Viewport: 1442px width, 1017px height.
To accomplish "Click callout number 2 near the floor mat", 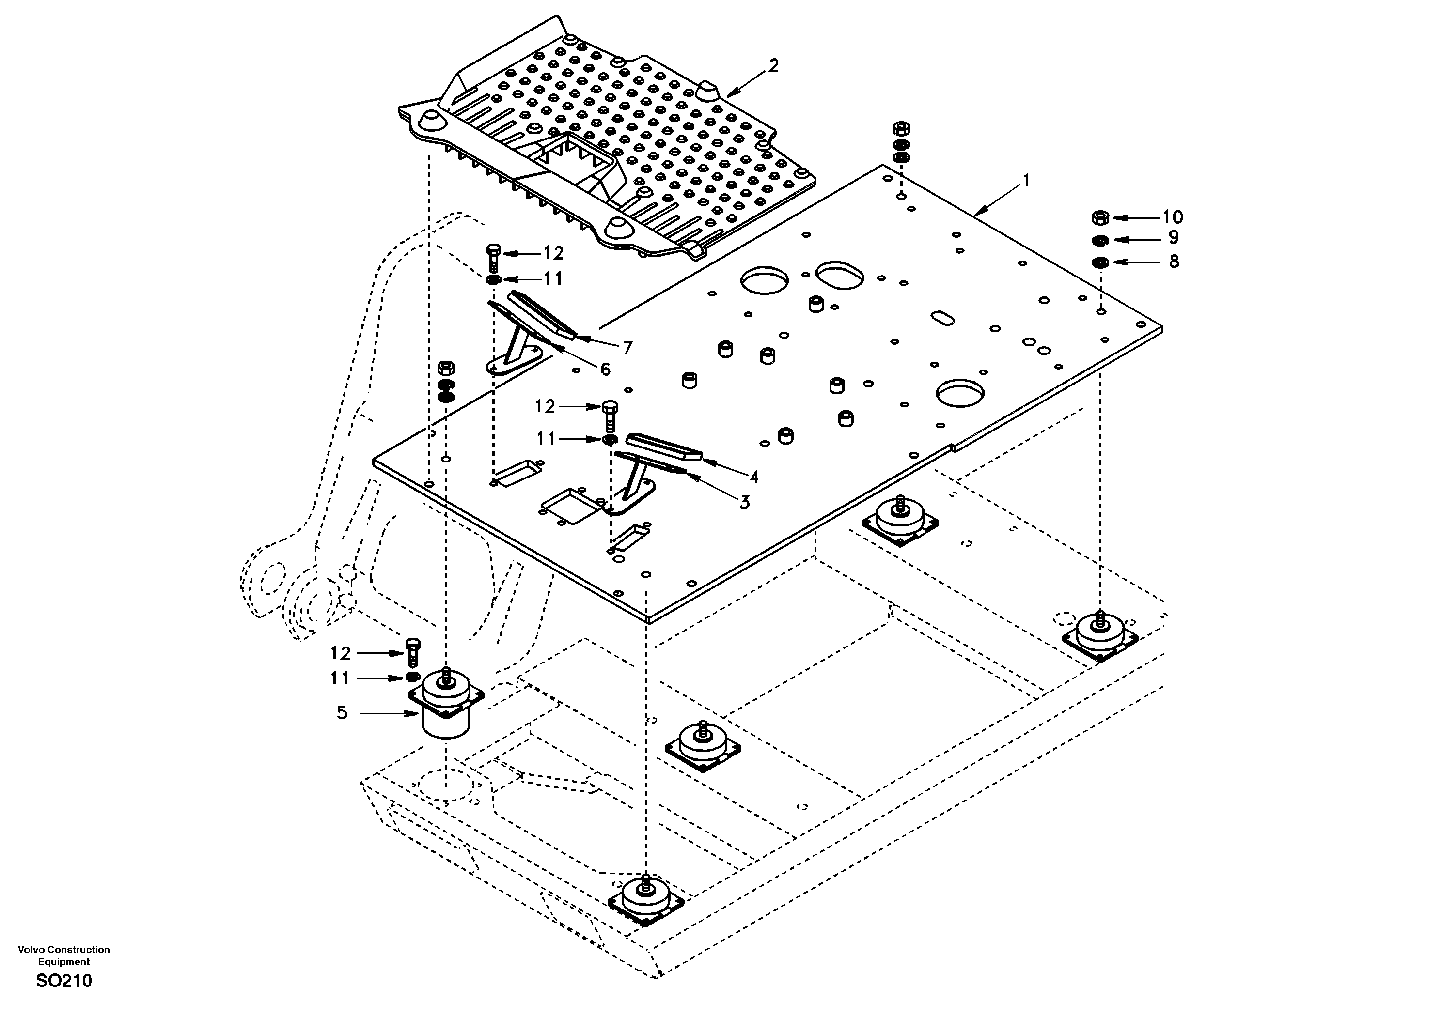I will pyautogui.click(x=773, y=65).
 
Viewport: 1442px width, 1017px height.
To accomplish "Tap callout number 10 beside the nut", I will pyautogui.click(x=1172, y=217).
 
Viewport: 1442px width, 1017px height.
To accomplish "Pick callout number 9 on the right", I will pyautogui.click(x=1173, y=238).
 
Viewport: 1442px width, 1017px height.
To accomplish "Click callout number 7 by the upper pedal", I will pyautogui.click(x=627, y=347).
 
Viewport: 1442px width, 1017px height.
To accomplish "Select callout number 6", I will pyautogui.click(x=605, y=369).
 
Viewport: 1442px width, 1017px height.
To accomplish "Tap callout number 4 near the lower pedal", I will pyautogui.click(x=753, y=477).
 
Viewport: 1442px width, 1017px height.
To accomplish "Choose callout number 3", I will pyautogui.click(x=744, y=502).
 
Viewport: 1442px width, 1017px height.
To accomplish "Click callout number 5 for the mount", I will pyautogui.click(x=342, y=712).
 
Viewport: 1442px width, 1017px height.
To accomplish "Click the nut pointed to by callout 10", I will pyautogui.click(x=1100, y=218).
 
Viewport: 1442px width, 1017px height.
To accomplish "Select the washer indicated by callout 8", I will pyautogui.click(x=1100, y=262).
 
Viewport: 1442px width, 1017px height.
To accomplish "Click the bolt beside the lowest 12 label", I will pyautogui.click(x=413, y=653).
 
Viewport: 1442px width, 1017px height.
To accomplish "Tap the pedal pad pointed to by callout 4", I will pyautogui.click(x=662, y=447).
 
